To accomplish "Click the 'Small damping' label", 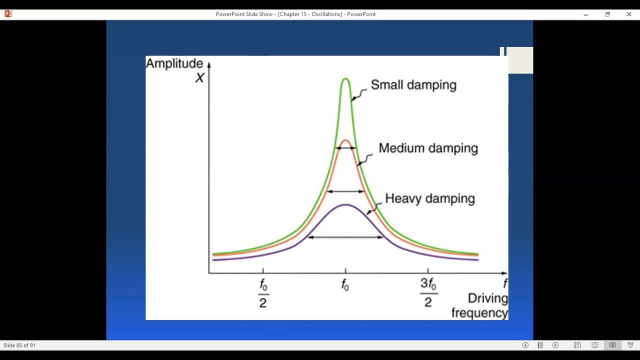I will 413,85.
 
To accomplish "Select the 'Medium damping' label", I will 428,148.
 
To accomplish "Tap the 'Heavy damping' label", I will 429,198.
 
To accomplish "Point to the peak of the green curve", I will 345,78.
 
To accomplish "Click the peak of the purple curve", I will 345,204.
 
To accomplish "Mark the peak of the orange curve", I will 345,140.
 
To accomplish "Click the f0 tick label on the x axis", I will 345,285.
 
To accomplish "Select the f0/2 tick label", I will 263,293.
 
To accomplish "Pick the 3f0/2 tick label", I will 428,293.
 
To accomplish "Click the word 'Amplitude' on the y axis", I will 174,63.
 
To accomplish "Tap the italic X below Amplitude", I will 199,77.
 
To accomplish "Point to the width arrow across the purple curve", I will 345,237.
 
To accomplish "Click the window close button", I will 629,14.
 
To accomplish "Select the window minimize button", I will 585,14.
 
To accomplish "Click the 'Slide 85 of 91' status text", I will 19,345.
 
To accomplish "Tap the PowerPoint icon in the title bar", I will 8,14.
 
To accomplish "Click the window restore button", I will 607,14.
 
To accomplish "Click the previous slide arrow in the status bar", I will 525,345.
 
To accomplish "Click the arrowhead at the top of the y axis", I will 209,64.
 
